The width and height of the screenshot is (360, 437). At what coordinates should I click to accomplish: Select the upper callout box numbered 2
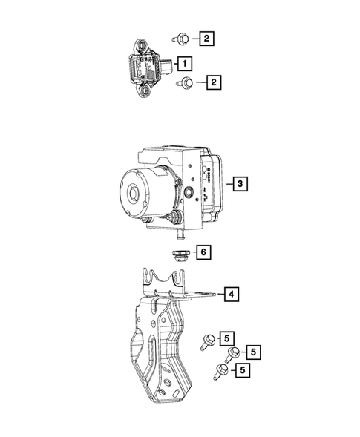(x=208, y=37)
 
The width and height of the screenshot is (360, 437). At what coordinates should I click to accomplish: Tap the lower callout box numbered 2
(x=214, y=83)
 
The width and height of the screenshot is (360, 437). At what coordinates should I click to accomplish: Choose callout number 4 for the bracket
(x=232, y=295)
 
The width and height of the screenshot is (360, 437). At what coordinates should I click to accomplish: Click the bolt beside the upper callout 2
(x=182, y=37)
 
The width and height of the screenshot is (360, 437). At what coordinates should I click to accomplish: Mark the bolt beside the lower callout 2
(x=186, y=83)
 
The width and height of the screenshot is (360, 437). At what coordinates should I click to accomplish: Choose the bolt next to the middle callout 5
(x=233, y=355)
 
